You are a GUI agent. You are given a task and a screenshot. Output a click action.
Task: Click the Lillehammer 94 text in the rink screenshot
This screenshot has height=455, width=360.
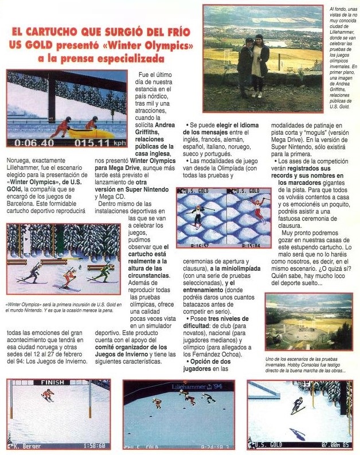coord(192,387)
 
